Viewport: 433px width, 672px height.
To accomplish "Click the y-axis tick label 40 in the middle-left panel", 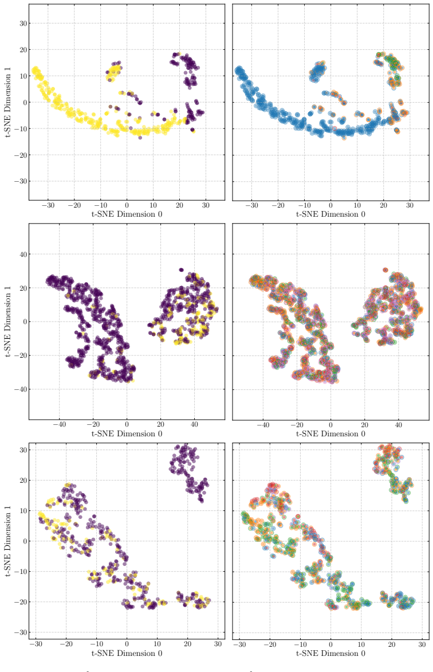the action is point(23,254).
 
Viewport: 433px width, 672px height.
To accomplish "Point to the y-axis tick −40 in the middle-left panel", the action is point(21,389).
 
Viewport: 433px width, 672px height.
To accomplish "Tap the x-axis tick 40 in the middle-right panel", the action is point(398,425).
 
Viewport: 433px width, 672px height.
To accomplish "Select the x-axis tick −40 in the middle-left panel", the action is point(59,425).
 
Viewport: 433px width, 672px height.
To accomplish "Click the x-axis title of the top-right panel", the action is point(330,214).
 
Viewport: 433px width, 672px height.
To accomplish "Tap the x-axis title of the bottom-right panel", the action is point(330,654).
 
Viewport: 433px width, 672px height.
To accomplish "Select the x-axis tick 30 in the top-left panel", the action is point(206,205).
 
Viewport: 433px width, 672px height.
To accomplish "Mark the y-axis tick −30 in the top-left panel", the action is point(21,181).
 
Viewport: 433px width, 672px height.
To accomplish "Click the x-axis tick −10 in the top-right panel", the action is point(304,205).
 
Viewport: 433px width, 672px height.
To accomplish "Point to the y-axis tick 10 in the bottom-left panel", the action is point(23,511).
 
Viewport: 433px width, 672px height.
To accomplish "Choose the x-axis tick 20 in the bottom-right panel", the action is point(392,644).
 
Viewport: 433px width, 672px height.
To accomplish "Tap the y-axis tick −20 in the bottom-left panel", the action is point(21,601).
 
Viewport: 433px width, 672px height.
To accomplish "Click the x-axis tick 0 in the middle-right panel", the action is point(330,425).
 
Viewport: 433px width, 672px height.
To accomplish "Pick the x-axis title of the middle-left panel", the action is point(127,433).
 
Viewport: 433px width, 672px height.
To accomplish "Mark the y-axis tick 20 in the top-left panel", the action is point(23,50).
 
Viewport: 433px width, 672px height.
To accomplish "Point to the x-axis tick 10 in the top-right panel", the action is point(357,205).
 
